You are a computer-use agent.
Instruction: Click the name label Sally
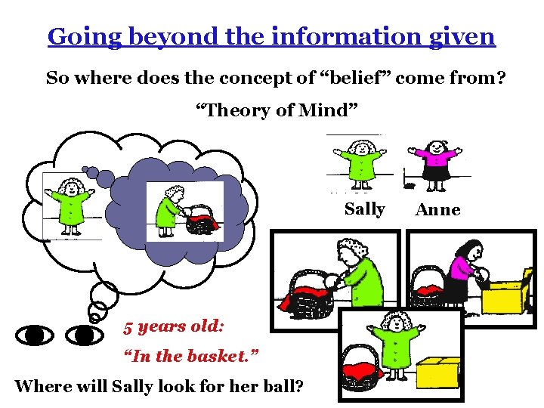coord(364,209)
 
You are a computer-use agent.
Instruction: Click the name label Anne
coord(437,210)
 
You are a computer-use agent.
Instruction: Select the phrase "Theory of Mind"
coord(271,110)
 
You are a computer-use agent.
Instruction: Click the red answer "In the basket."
coord(181,355)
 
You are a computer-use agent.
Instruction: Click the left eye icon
coord(35,333)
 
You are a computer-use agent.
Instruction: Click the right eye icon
coord(84,333)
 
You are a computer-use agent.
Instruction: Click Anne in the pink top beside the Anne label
coord(434,163)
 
